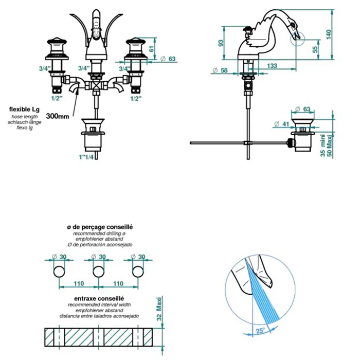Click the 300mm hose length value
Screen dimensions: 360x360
click(x=57, y=116)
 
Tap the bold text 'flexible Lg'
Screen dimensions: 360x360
click(x=25, y=110)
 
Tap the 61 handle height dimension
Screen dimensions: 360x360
click(x=152, y=48)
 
